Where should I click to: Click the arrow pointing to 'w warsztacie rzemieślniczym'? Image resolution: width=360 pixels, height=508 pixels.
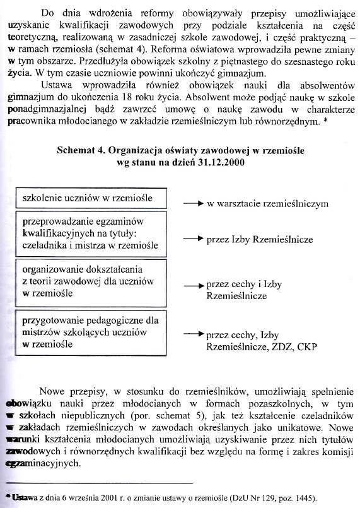pyautogui.click(x=192, y=204)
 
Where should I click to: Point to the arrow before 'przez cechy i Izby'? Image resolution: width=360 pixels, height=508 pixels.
pyautogui.click(x=192, y=285)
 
